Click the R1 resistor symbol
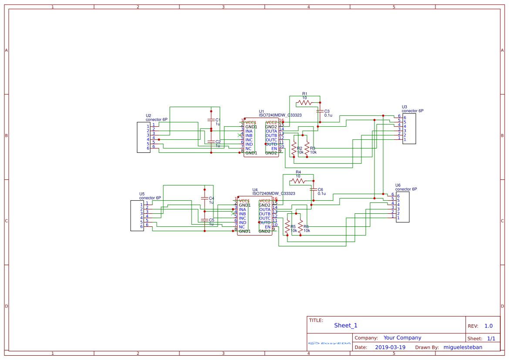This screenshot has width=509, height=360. pyautogui.click(x=304, y=103)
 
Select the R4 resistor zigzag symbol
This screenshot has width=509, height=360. pyautogui.click(x=298, y=181)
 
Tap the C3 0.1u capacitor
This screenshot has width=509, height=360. pyautogui.click(x=320, y=111)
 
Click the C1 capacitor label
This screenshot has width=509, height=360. pyautogui.click(x=218, y=120)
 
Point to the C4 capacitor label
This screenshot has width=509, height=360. pyautogui.click(x=212, y=198)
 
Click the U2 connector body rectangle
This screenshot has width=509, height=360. pyautogui.click(x=144, y=137)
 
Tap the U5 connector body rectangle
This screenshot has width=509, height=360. pyautogui.click(x=137, y=215)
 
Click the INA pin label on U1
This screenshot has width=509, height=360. pyautogui.click(x=249, y=131)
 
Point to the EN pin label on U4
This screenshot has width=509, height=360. pyautogui.click(x=267, y=227)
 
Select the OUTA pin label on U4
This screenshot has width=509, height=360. pyautogui.click(x=265, y=209)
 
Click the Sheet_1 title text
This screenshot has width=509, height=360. pyautogui.click(x=346, y=326)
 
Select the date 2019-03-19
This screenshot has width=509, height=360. pyautogui.click(x=390, y=347)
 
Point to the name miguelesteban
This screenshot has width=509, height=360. pyautogui.click(x=462, y=347)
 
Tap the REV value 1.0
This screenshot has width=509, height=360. pyautogui.click(x=489, y=326)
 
